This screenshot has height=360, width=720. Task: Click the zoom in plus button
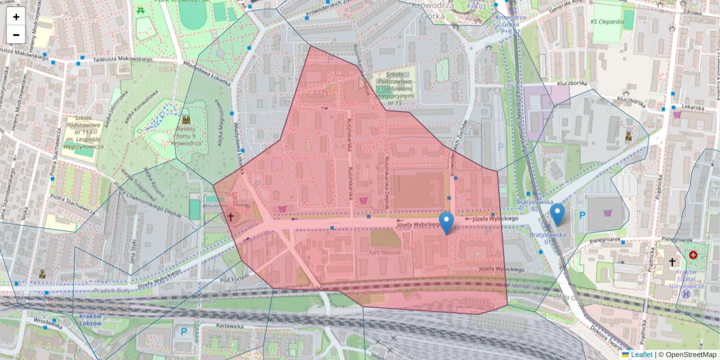[16, 17]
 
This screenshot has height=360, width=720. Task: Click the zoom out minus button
[16, 35]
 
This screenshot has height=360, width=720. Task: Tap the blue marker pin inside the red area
[446, 223]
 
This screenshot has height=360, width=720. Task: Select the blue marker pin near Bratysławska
[557, 214]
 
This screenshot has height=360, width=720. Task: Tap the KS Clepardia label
[607, 22]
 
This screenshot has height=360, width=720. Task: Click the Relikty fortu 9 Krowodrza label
[184, 135]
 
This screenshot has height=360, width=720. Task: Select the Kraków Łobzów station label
[91, 320]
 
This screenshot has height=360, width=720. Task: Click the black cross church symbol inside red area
[230, 217]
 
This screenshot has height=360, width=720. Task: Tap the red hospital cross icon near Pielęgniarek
[694, 255]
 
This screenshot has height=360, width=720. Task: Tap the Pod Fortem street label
[234, 279]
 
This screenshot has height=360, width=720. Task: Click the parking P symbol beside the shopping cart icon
[581, 215]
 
